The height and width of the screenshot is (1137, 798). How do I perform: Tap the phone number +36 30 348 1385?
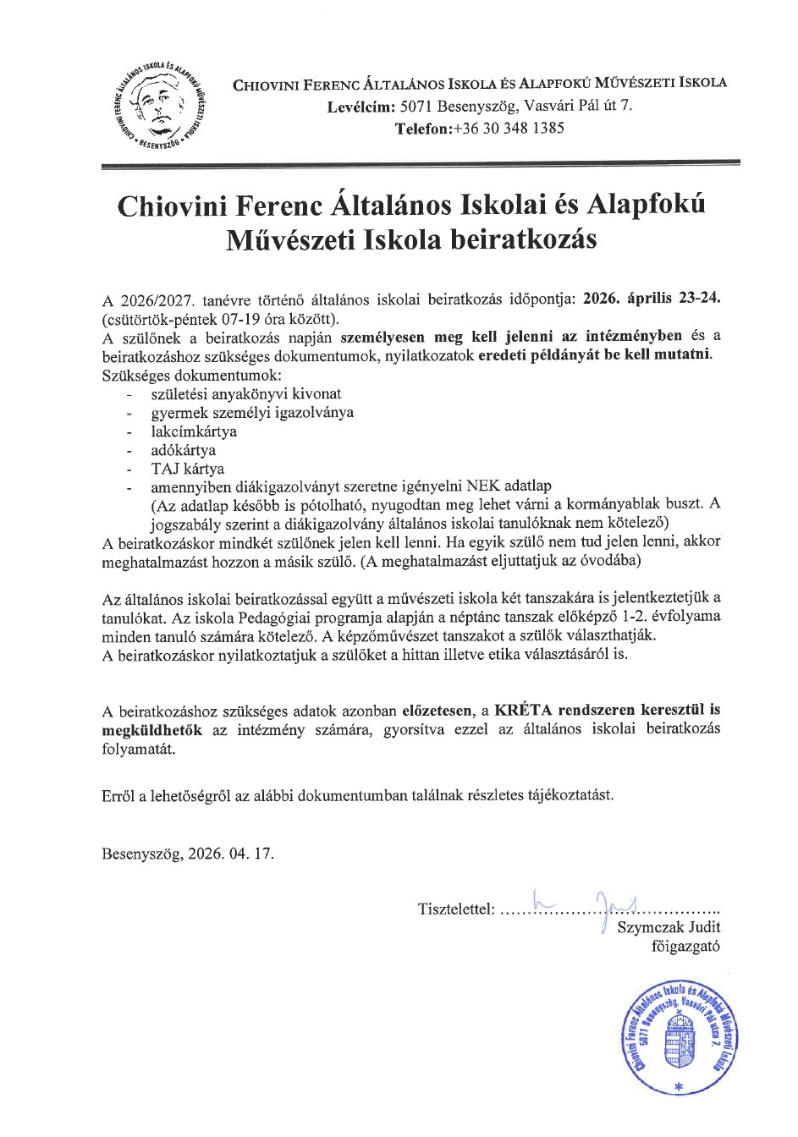(508, 129)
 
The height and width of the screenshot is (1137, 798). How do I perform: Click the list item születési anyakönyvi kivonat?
(245, 394)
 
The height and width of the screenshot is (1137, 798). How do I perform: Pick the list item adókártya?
(183, 450)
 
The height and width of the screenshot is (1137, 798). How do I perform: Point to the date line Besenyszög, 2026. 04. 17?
(188, 854)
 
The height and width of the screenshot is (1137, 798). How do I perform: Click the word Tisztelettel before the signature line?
(455, 910)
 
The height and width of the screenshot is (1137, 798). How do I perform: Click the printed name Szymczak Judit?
(669, 928)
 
